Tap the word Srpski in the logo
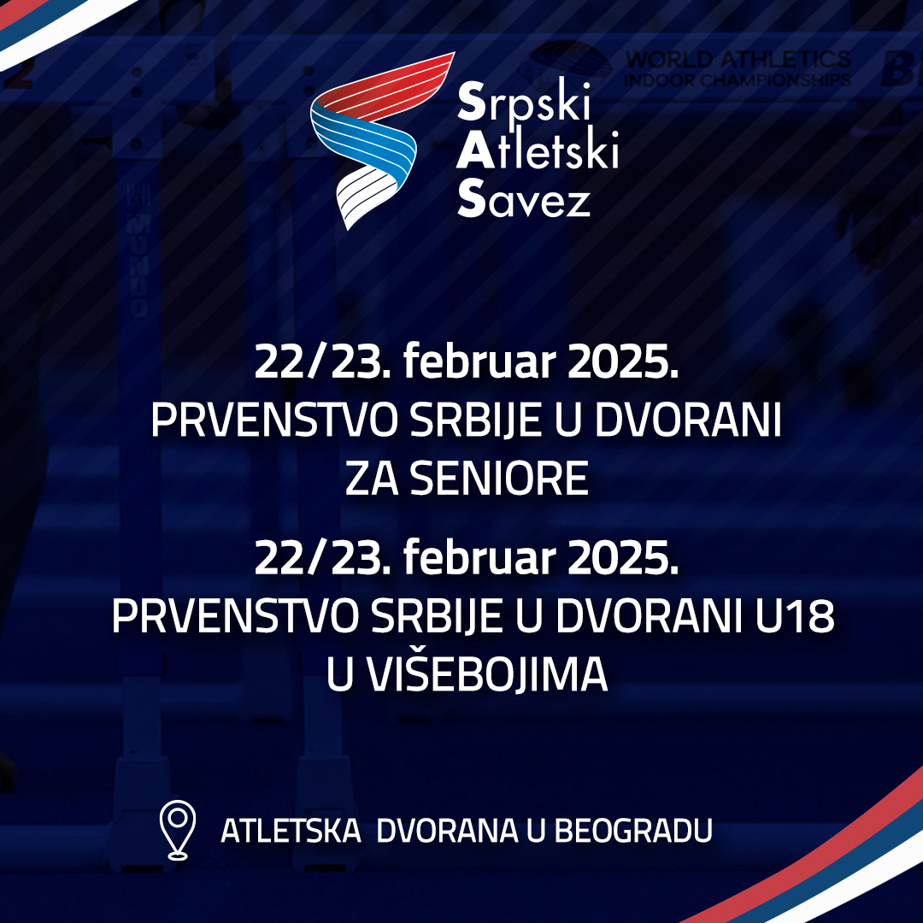[523, 102]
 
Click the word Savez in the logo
[523, 199]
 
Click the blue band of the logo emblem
[365, 141]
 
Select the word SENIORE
[499, 478]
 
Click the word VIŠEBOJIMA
[487, 674]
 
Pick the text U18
[795, 616]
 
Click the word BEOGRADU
[633, 831]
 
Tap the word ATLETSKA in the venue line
[291, 831]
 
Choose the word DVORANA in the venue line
[447, 831]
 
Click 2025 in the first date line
[623, 362]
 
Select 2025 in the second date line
[623, 557]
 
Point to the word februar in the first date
[479, 362]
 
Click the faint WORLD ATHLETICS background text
[738, 60]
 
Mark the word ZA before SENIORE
[372, 478]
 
